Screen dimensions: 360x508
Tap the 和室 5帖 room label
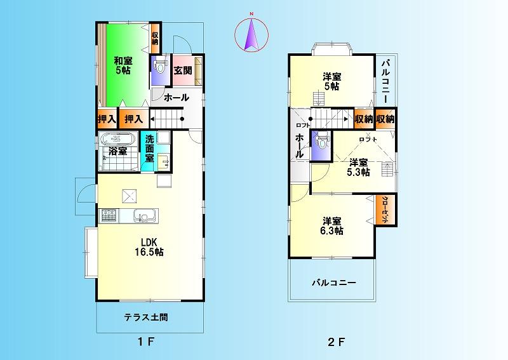coord(123,66)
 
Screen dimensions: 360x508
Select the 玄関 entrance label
coord(182,70)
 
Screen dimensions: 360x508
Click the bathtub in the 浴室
coord(117,139)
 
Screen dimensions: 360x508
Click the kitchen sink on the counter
coord(144,218)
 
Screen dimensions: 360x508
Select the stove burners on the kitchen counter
coord(108,217)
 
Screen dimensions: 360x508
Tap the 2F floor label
coord(336,343)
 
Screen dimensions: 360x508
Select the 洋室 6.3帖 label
coord(332,226)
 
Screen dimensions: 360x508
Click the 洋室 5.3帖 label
coord(358,167)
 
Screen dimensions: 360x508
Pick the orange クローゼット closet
coord(385,210)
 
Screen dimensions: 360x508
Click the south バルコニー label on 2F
coord(333,283)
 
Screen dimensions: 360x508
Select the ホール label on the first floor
coord(176,98)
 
